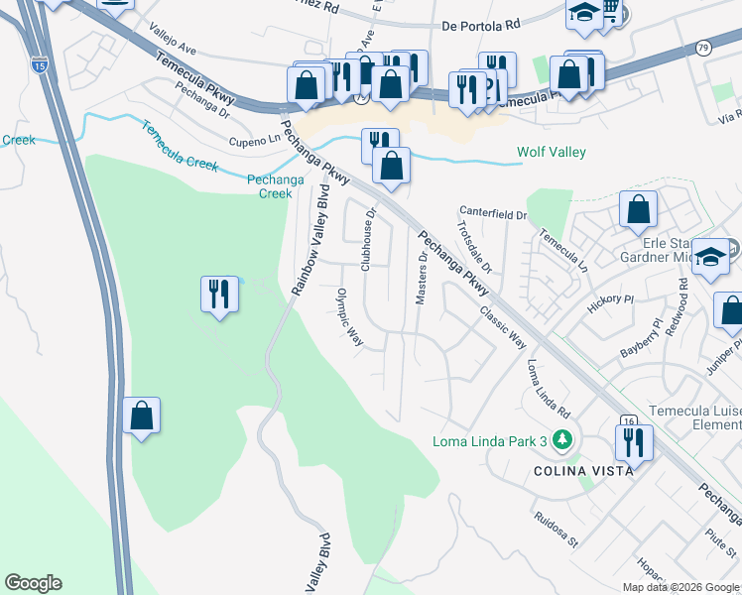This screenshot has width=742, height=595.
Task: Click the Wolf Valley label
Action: pyautogui.click(x=552, y=153)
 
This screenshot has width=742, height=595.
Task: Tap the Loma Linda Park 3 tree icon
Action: pyautogui.click(x=563, y=439)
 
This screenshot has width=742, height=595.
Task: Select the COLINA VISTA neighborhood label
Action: pyautogui.click(x=583, y=471)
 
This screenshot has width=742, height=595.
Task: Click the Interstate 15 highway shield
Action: pyautogui.click(x=39, y=65)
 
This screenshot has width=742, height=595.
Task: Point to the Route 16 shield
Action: pyautogui.click(x=627, y=421)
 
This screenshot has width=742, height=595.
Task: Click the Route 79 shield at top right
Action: pyautogui.click(x=703, y=47)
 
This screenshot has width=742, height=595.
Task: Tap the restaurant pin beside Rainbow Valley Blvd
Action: pyautogui.click(x=220, y=295)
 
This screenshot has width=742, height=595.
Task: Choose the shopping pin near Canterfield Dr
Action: pyautogui.click(x=639, y=209)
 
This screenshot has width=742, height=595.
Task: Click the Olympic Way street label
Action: pyautogui.click(x=349, y=318)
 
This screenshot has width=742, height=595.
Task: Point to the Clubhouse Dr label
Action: pyautogui.click(x=368, y=239)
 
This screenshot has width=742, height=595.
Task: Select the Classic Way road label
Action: pyautogui.click(x=503, y=326)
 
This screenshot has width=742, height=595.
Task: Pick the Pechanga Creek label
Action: pyautogui.click(x=269, y=186)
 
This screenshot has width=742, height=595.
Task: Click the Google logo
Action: pyautogui.click(x=33, y=583)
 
